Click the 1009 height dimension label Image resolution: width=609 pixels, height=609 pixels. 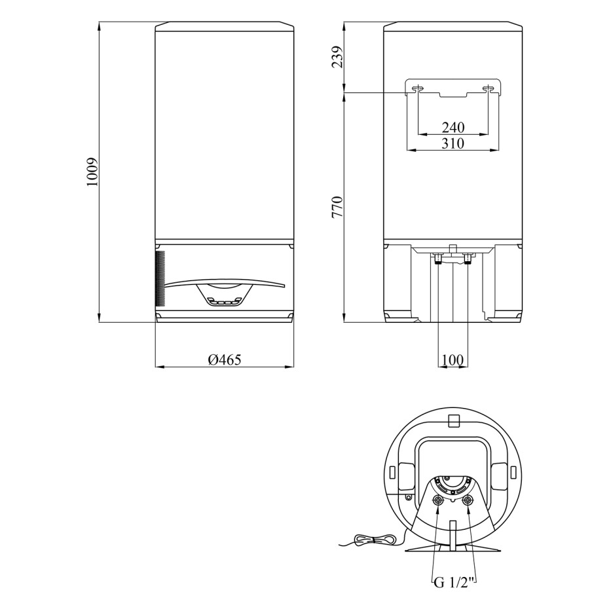point(92,172)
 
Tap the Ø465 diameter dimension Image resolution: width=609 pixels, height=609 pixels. point(225,360)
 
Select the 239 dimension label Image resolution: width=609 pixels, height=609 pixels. point(337,57)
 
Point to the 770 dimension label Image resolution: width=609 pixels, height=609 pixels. point(337,207)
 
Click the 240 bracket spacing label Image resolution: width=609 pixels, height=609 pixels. point(453,128)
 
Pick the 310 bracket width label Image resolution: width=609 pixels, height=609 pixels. point(453,143)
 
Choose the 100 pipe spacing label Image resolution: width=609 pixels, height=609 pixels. point(453,360)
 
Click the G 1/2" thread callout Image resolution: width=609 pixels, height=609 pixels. point(454,583)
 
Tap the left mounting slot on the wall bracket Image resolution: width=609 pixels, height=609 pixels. point(418,89)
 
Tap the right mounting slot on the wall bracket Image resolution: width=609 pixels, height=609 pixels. point(489,89)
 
